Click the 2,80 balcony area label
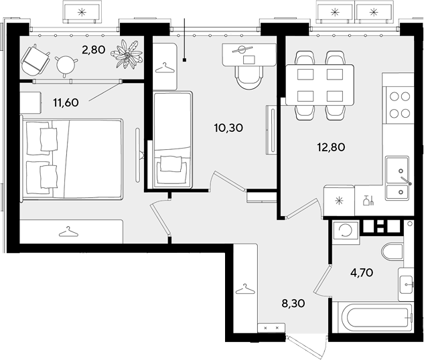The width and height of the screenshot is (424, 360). (94, 50)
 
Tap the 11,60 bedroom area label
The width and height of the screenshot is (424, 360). (66, 102)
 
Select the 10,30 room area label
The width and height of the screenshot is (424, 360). (228, 128)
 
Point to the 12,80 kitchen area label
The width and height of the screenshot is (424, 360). (331, 147)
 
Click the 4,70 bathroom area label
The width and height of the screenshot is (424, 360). (362, 272)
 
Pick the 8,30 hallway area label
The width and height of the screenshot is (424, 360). (293, 304)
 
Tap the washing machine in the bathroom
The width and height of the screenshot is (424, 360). (346, 230)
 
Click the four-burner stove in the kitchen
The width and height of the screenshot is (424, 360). (400, 105)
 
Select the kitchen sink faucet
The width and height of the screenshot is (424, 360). (406, 181)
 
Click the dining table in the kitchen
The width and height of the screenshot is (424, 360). (320, 84)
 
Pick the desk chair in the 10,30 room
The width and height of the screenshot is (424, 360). (249, 77)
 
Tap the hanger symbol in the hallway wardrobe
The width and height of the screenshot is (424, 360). (245, 288)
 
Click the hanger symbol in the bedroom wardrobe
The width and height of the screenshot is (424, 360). (68, 232)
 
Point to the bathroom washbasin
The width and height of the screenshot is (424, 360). (406, 284)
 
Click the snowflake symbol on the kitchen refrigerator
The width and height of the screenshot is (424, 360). (338, 200)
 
